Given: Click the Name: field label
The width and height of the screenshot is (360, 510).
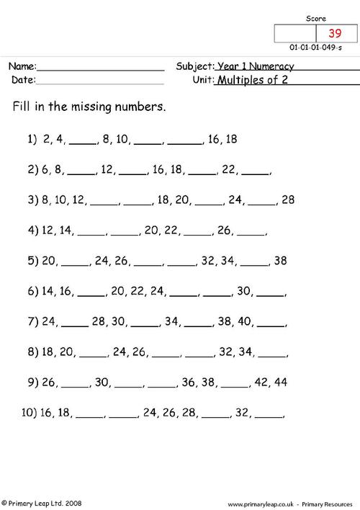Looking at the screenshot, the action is [x=22, y=66].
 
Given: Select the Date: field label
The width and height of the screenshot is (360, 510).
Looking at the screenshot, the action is [x=22, y=80].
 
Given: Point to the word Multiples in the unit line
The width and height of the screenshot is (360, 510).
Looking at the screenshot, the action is [x=243, y=80].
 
